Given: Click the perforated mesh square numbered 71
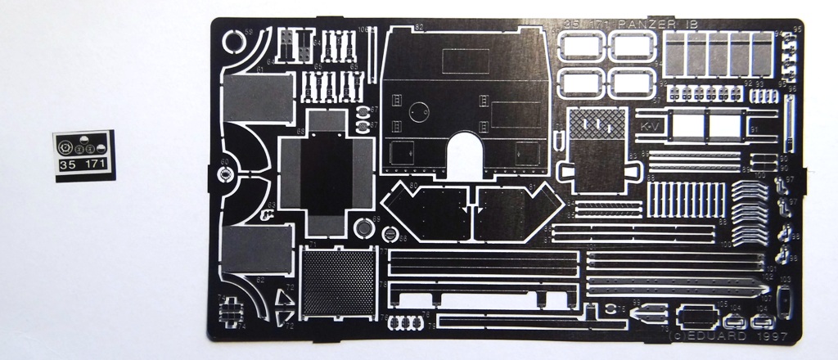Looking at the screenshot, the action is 337,282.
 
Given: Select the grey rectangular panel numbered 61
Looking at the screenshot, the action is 258,98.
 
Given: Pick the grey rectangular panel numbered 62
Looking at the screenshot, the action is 257,250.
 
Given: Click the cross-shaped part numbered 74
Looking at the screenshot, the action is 232,312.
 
